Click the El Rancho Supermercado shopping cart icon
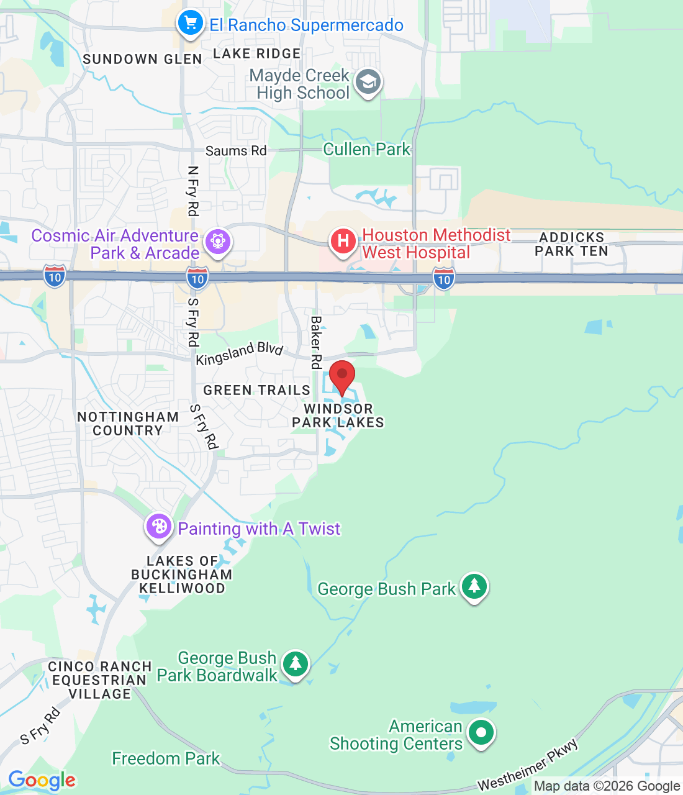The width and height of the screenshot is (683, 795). point(190,24)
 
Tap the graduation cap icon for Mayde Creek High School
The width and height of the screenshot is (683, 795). point(368,83)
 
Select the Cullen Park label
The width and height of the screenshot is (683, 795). point(366,150)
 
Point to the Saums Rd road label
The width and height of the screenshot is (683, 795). point(236,151)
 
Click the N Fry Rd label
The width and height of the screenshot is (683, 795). point(193,191)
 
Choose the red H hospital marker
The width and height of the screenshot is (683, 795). point(343,241)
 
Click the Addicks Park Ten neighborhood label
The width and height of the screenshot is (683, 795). point(571,245)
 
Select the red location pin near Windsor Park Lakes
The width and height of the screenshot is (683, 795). point(341,376)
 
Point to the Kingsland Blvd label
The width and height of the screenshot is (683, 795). point(240,353)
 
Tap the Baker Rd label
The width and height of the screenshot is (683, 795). point(316,342)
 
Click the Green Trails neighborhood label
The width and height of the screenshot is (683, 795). point(256,391)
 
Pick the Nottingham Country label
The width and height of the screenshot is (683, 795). point(128,424)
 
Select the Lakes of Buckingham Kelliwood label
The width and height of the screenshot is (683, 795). point(181,575)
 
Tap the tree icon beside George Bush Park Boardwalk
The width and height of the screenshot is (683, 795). point(296,663)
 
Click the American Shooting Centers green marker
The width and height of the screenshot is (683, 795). point(481,732)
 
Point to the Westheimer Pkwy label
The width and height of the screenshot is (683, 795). point(528,765)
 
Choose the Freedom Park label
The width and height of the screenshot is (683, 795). point(166,758)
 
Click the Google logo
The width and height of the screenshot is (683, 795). point(42,780)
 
